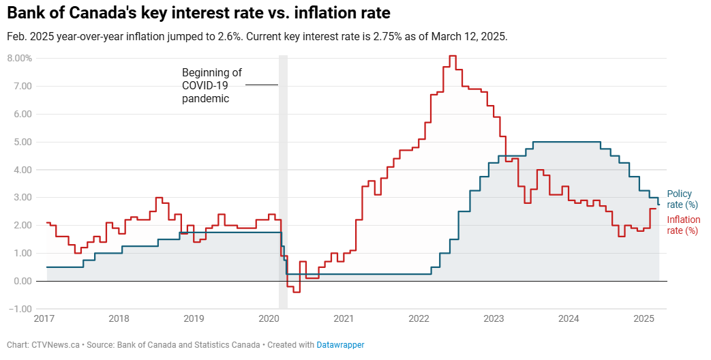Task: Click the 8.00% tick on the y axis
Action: pyautogui.click(x=20, y=58)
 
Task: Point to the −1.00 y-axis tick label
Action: pyautogui.click(x=20, y=309)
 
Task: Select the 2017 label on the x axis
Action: pyautogui.click(x=44, y=318)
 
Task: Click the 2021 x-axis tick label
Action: pyautogui.click(x=344, y=318)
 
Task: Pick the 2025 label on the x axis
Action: pyautogui.click(x=644, y=318)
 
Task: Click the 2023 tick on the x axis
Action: pyautogui.click(x=494, y=318)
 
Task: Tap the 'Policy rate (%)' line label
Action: pyautogui.click(x=682, y=199)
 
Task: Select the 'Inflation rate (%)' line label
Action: pyautogui.click(x=683, y=225)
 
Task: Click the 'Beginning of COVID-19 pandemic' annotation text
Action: pyautogui.click(x=212, y=86)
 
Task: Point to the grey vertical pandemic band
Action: pyautogui.click(x=283, y=182)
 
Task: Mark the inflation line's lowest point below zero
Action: pyautogui.click(x=297, y=292)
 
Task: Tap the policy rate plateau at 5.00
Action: pyautogui.click(x=566, y=142)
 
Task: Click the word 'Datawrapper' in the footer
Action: pyautogui.click(x=340, y=344)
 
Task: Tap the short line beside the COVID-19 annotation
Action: pyautogui.click(x=262, y=85)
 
